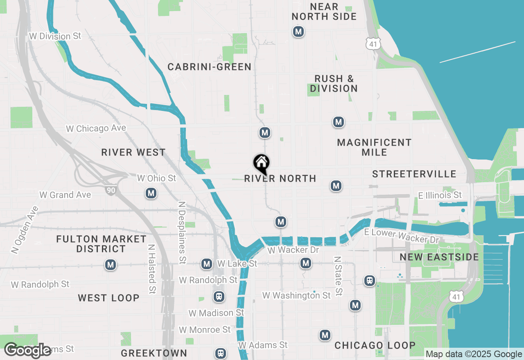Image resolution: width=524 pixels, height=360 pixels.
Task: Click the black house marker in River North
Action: (x=261, y=164)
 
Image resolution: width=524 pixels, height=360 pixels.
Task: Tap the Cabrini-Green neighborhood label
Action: (x=209, y=67)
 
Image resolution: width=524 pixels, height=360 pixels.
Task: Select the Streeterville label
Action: (x=414, y=174)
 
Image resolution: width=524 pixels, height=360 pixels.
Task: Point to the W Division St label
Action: (x=55, y=36)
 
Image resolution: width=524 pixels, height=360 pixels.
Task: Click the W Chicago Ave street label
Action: (x=96, y=128)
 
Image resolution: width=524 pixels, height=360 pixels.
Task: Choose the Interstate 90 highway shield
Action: (x=110, y=190)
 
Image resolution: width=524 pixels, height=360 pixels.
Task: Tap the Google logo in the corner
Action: (x=28, y=350)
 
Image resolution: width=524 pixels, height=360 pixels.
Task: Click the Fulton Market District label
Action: (x=101, y=244)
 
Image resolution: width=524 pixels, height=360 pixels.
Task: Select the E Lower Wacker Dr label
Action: (x=401, y=235)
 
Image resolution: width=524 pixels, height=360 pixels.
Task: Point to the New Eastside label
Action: (x=439, y=257)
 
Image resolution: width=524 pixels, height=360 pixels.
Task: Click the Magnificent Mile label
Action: (x=374, y=147)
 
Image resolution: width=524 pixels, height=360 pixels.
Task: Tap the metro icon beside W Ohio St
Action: (x=151, y=193)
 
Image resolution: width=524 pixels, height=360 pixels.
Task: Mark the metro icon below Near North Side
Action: (x=298, y=32)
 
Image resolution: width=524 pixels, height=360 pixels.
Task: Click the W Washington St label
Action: (x=296, y=295)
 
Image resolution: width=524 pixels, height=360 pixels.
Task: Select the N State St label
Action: (x=338, y=276)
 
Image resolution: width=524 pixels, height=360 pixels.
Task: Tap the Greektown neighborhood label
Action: (x=154, y=353)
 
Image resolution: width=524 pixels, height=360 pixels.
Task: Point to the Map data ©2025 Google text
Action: (x=474, y=354)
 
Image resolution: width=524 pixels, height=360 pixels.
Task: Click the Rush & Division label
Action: (x=334, y=83)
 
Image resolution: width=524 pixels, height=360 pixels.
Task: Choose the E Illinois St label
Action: (x=440, y=195)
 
